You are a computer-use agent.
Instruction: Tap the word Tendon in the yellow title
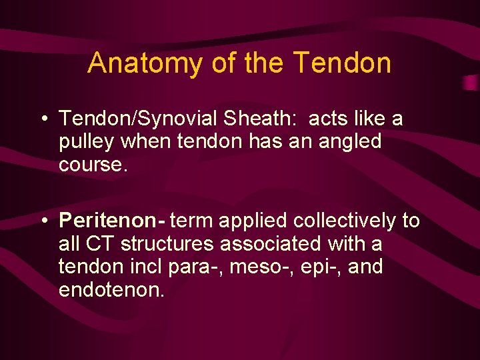point(342,63)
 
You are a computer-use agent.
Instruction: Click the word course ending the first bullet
point(91,164)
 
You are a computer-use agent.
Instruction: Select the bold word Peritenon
point(111,221)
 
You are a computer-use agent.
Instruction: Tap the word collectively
point(329,221)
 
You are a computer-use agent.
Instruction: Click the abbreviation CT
point(98,244)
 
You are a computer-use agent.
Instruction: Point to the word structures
point(168,244)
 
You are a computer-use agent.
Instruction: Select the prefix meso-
point(257,267)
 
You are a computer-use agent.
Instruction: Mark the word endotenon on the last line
point(111,289)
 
